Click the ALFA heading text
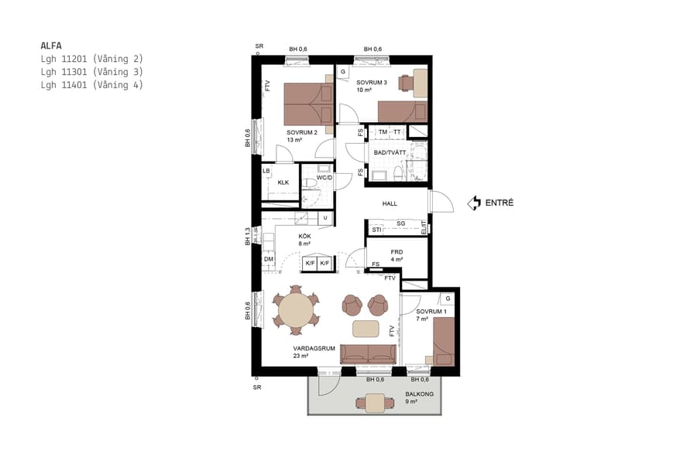51,45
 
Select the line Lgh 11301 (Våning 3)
91,72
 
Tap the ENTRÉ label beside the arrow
500,203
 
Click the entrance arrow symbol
472,203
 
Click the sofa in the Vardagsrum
368,354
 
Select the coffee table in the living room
366,329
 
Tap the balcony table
375,402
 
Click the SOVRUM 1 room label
431,311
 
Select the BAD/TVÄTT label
390,152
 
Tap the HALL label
390,203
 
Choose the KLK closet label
283,183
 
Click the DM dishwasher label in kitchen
269,259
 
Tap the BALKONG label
419,394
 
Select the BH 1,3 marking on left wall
248,236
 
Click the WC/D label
324,177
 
